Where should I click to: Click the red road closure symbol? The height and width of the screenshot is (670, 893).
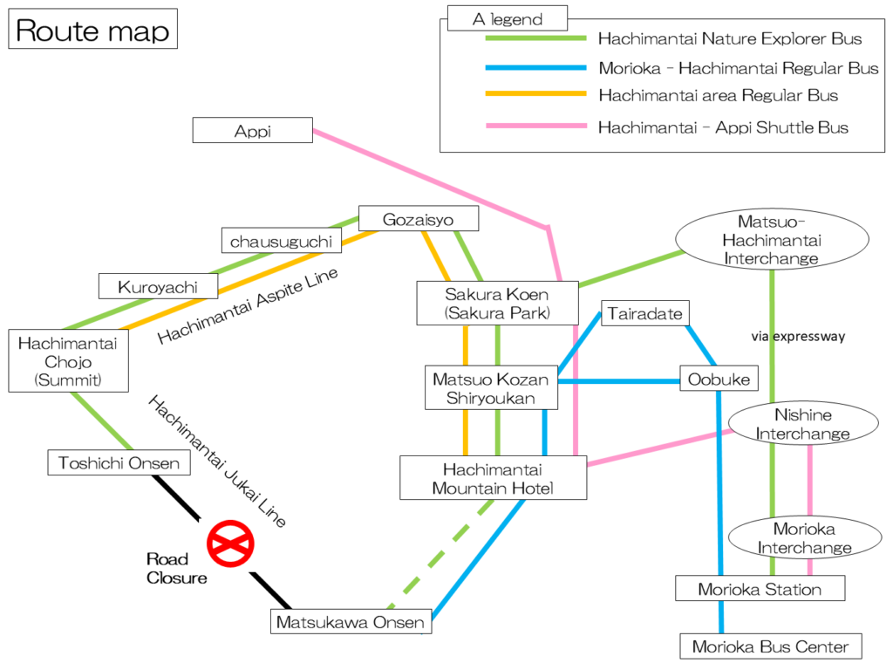pyautogui.click(x=230, y=544)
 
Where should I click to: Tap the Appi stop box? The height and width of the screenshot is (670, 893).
pyautogui.click(x=252, y=131)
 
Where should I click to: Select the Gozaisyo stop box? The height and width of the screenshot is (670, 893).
pyautogui.click(x=419, y=219)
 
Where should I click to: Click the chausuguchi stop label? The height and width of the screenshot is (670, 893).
pyautogui.click(x=282, y=241)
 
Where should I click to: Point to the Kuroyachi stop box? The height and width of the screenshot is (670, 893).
pyautogui.click(x=159, y=286)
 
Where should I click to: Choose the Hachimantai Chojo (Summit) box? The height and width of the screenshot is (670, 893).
pyautogui.click(x=68, y=360)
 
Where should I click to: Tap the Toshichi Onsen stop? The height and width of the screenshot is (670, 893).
pyautogui.click(x=119, y=462)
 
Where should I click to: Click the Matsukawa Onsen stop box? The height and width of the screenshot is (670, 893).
pyautogui.click(x=351, y=621)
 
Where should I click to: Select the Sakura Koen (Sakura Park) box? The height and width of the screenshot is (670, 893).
pyautogui.click(x=497, y=304)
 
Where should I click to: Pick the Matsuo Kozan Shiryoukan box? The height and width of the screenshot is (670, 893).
pyautogui.click(x=491, y=388)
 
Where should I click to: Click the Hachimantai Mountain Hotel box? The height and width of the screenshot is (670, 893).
pyautogui.click(x=494, y=478)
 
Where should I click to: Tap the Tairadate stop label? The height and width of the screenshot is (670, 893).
pyautogui.click(x=645, y=313)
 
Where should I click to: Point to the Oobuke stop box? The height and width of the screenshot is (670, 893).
pyautogui.click(x=719, y=379)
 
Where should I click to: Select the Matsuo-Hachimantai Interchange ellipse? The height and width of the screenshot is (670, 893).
pyautogui.click(x=773, y=239)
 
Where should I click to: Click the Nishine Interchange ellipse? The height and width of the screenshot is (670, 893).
pyautogui.click(x=803, y=424)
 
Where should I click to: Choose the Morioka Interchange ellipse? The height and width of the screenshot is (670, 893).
pyautogui.click(x=805, y=537)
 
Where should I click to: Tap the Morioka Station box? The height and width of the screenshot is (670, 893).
pyautogui.click(x=760, y=589)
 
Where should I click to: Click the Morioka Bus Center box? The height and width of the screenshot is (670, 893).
pyautogui.click(x=771, y=646)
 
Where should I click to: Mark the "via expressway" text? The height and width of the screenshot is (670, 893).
pyautogui.click(x=798, y=336)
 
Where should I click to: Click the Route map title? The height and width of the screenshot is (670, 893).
pyautogui.click(x=92, y=29)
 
